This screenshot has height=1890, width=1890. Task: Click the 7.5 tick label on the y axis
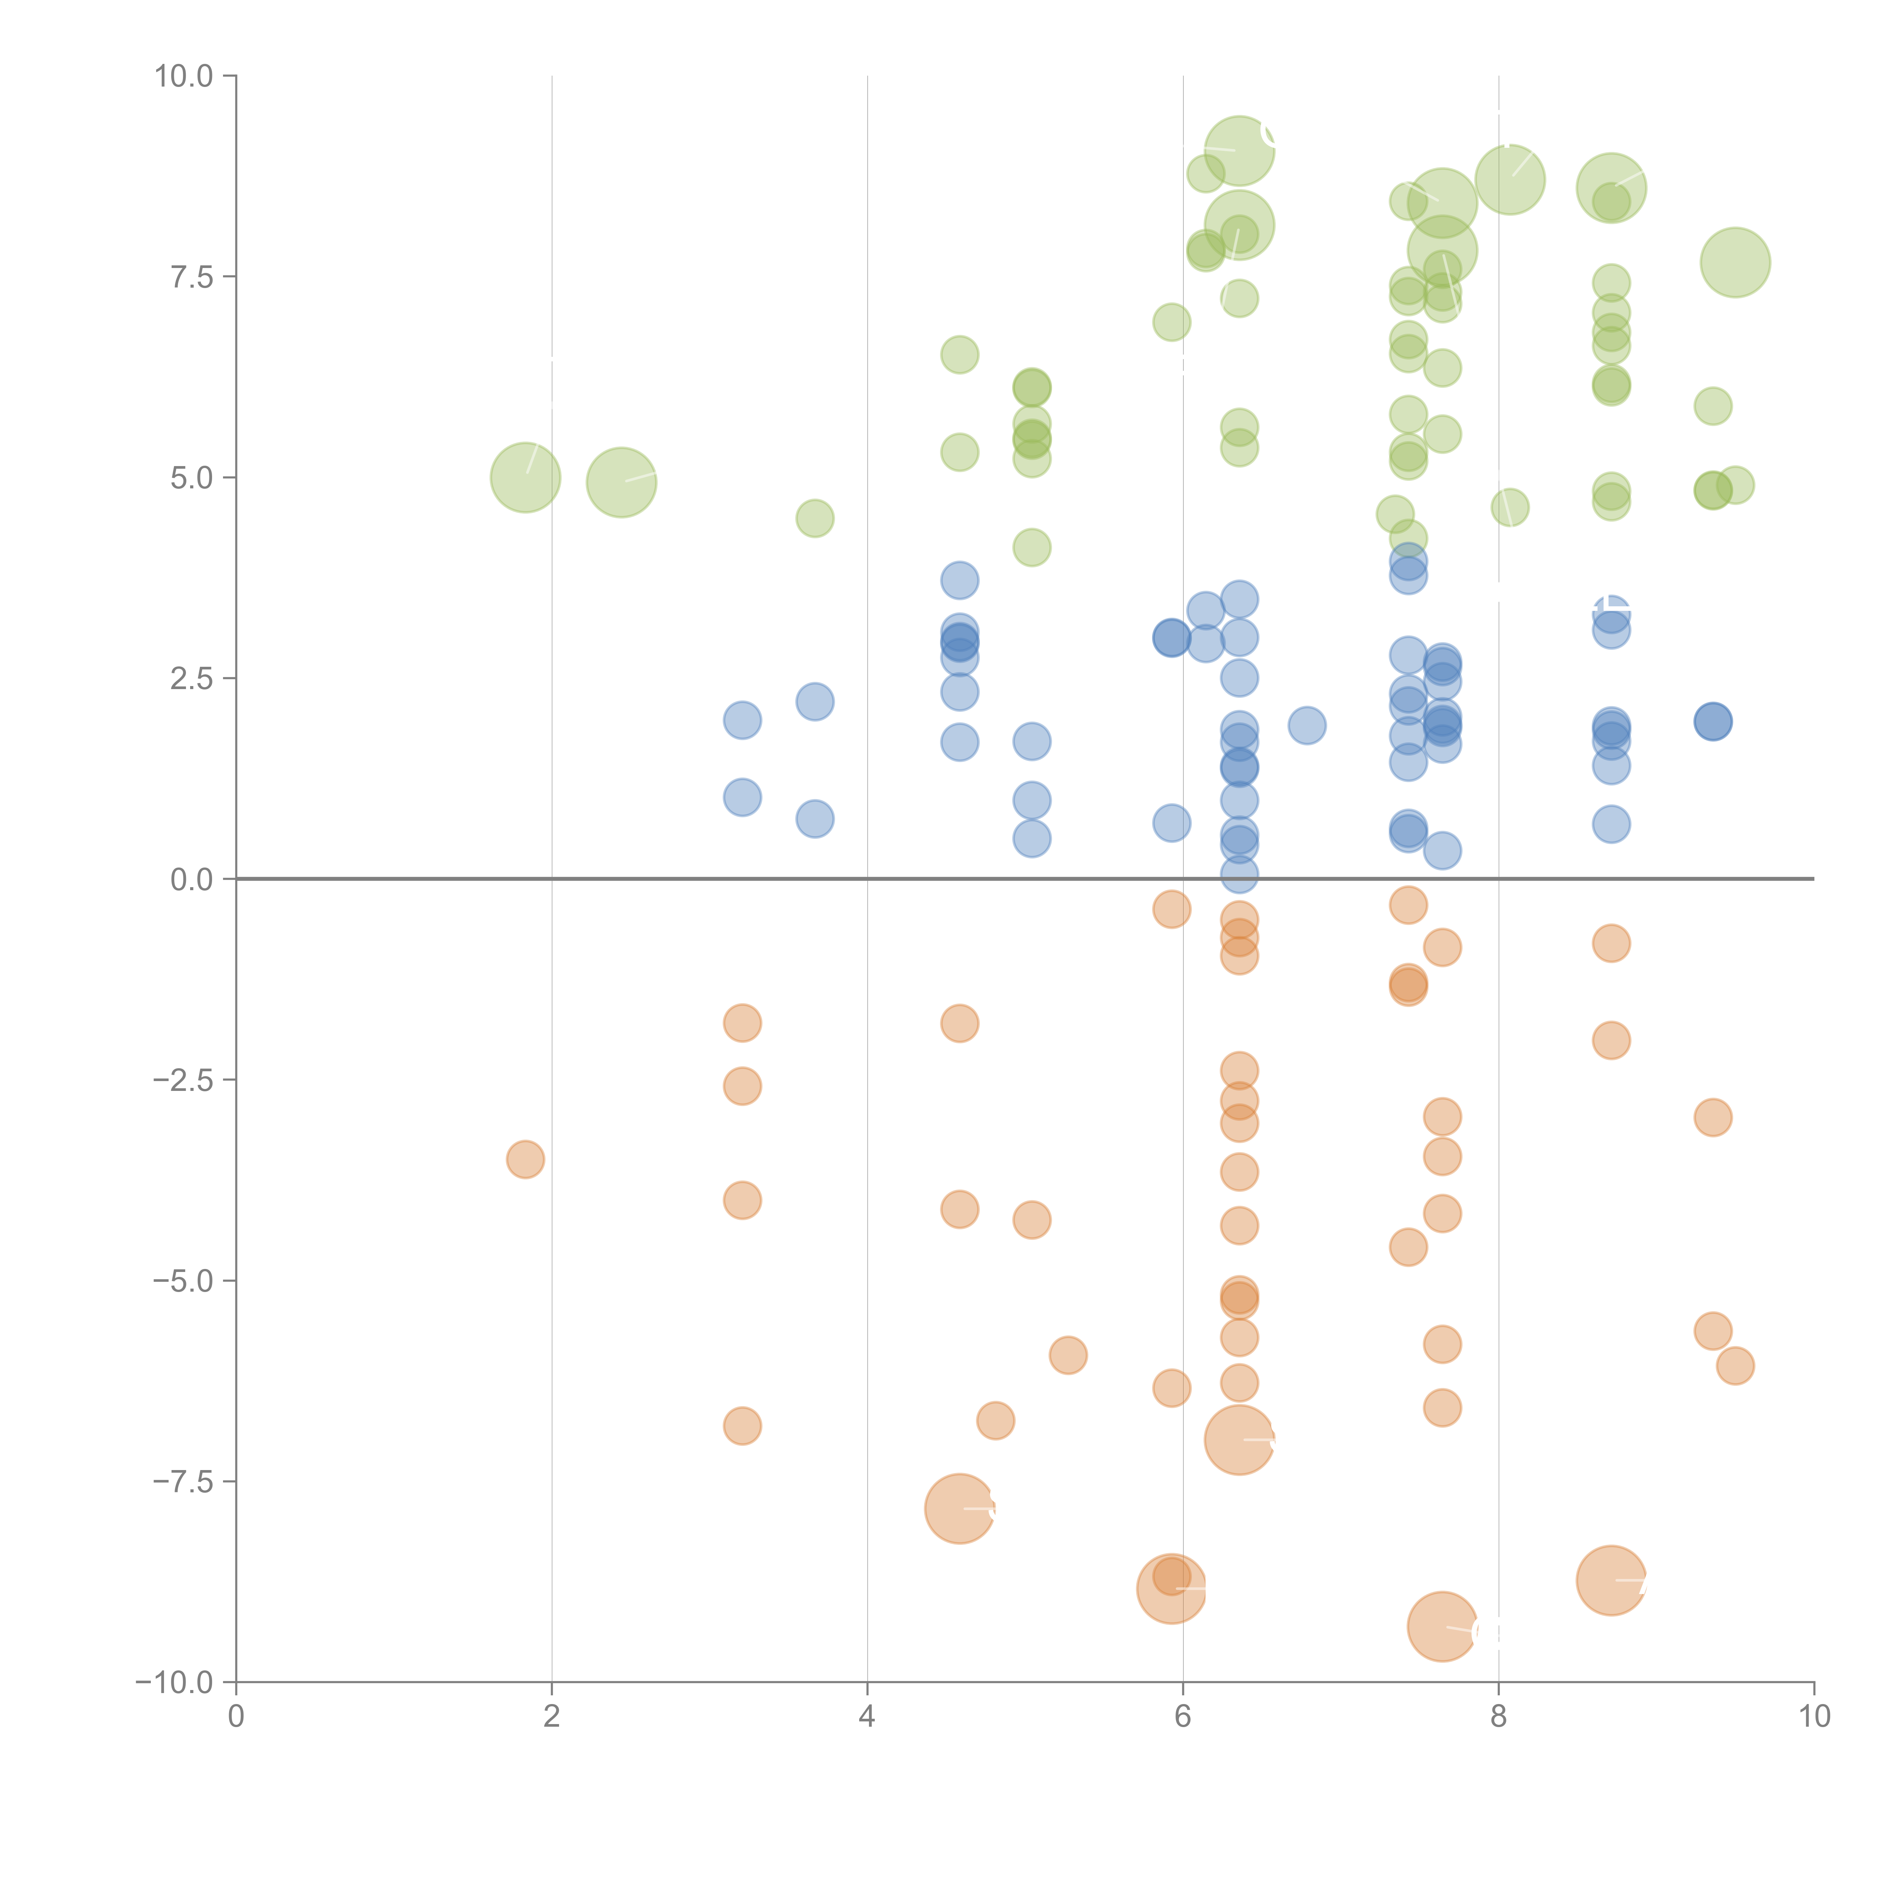(191, 277)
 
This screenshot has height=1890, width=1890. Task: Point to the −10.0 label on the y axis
(174, 1682)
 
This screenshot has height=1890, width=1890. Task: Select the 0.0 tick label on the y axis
(191, 880)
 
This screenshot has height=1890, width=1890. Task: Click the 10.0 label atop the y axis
(183, 76)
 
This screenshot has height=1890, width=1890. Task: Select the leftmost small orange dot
(525, 1159)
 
